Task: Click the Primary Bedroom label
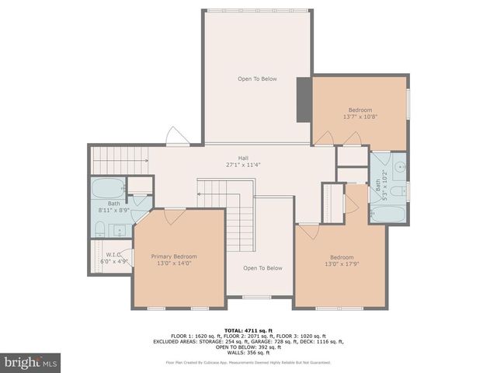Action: [174, 256]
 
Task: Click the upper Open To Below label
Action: [257, 78]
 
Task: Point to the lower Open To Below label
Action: [262, 268]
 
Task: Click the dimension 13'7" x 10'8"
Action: [360, 117]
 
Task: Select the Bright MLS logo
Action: [31, 362]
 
